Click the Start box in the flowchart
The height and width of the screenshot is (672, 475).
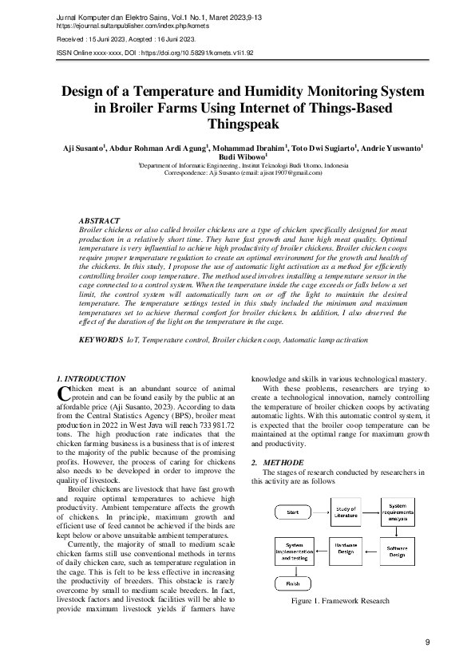coord(291,511)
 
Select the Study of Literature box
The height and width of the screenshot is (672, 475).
coord(345,512)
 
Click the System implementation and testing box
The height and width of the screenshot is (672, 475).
coord(292,551)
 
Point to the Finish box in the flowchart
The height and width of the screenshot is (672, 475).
coord(291,583)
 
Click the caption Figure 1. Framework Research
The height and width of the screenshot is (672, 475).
coord(340,601)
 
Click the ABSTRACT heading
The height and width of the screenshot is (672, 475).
coord(99,219)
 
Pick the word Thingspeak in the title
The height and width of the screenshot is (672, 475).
coord(237,125)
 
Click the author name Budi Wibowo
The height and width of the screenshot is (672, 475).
coord(236,157)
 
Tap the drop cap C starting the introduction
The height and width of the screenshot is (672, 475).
coord(65,392)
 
